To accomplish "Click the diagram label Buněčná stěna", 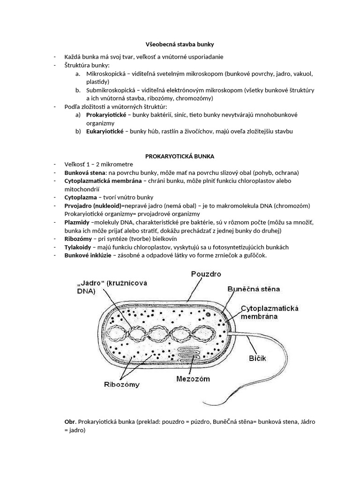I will click(x=257, y=290).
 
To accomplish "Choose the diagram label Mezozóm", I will click(x=193, y=378).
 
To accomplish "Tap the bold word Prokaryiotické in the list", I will click(x=105, y=115).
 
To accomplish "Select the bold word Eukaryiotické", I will click(x=105, y=132).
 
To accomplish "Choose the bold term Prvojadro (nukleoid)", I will click(x=92, y=206).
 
